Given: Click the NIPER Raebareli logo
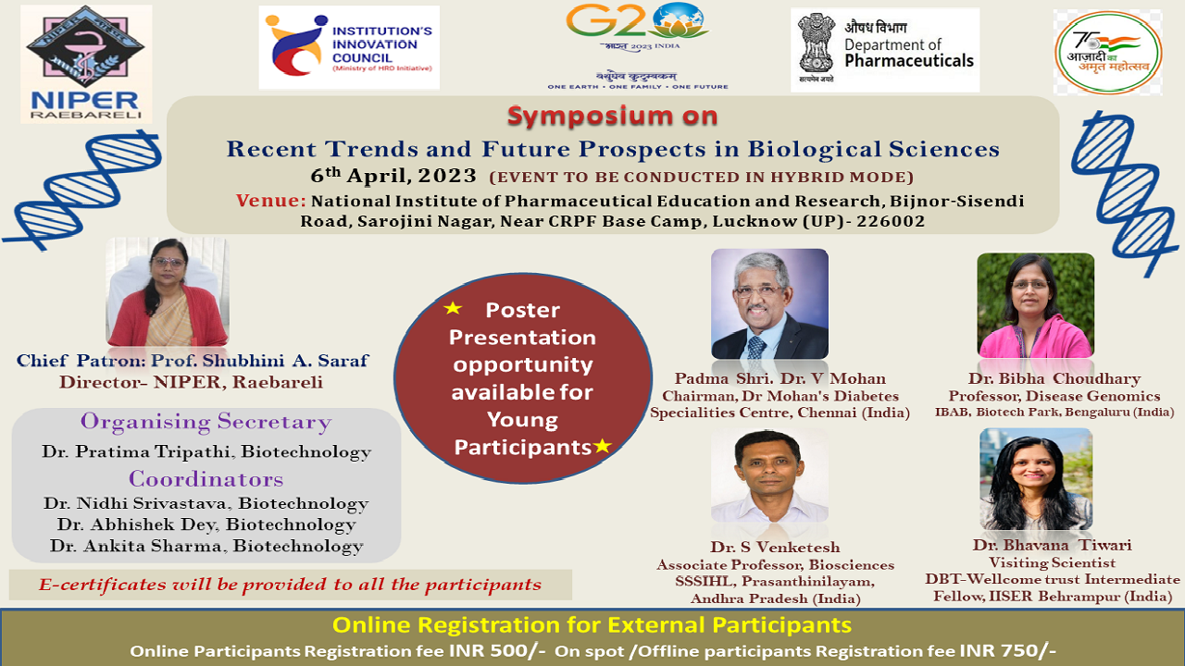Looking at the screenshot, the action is tap(86, 64).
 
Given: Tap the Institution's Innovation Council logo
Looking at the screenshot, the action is tap(349, 47).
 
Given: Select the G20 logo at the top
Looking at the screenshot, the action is tap(638, 46).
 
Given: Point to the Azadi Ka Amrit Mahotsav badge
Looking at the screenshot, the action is tap(1108, 53).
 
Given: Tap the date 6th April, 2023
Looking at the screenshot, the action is tap(393, 176).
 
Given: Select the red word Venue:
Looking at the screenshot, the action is tap(271, 201).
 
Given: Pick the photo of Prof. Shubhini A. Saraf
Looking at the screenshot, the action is tap(168, 291).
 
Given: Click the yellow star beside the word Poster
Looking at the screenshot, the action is tap(453, 308).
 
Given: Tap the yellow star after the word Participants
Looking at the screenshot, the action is tap(603, 446).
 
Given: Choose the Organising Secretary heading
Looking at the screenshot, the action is tap(206, 422).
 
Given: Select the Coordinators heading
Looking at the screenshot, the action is tap(206, 479).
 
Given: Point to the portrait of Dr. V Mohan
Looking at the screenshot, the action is tap(769, 304).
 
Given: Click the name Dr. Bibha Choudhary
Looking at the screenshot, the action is tap(1054, 378).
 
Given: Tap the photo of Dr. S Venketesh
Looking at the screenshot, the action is tap(769, 475).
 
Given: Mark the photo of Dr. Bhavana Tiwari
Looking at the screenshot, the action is tap(1036, 479).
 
